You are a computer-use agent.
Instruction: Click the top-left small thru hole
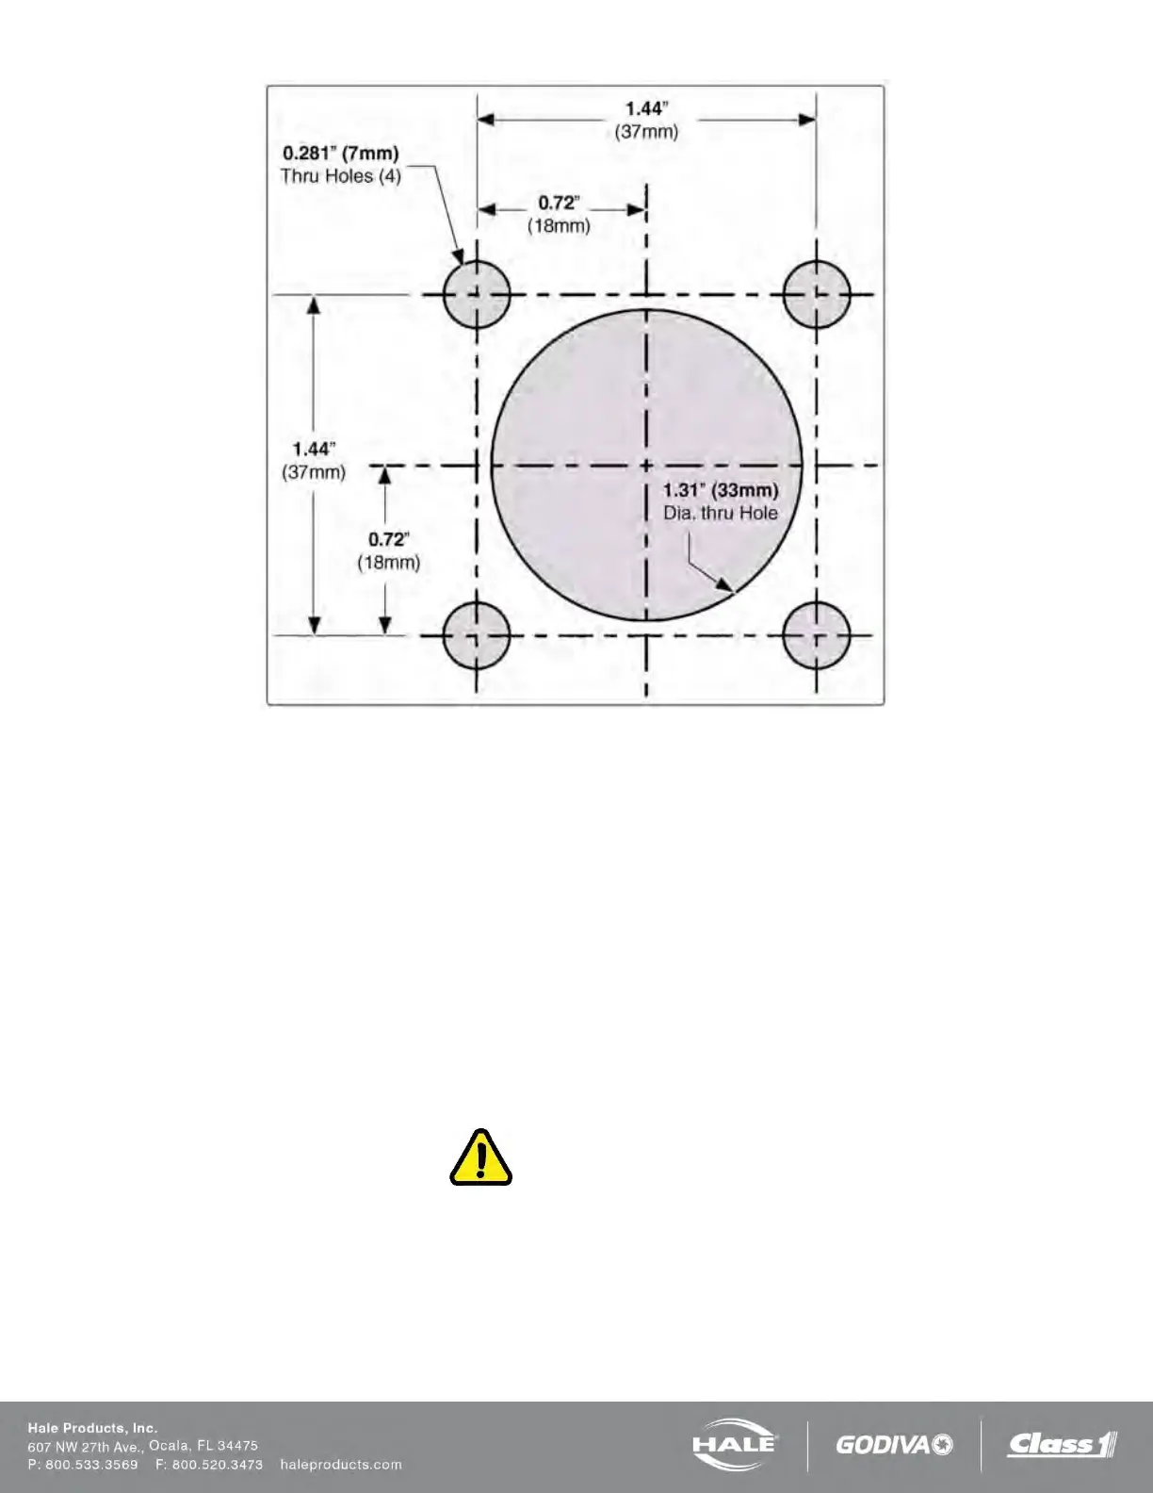coord(477,294)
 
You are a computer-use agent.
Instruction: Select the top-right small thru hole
coord(817,294)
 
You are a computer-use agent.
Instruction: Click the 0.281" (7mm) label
coord(341,152)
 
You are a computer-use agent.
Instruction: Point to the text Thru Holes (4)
coord(341,176)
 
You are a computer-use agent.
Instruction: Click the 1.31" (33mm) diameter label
coord(721,490)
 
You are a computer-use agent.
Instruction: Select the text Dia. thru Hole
coord(721,513)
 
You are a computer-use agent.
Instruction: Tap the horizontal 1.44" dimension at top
coord(647,107)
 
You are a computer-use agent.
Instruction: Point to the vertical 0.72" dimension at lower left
coord(388,540)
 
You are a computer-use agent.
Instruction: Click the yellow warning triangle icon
coord(481,1158)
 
